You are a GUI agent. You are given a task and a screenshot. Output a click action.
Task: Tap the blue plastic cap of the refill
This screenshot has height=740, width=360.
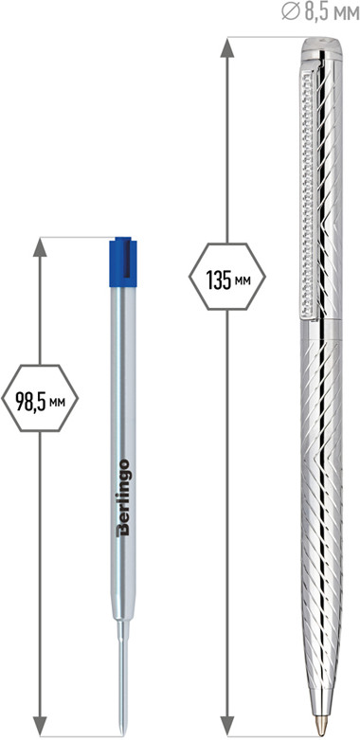point(123,262)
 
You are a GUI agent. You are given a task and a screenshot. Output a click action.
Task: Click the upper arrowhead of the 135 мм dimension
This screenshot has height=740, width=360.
point(227,47)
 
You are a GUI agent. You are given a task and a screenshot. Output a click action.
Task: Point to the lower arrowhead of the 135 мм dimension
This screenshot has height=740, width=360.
point(227,726)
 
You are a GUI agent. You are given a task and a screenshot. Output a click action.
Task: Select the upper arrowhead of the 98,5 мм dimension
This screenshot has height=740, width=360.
point(40,246)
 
